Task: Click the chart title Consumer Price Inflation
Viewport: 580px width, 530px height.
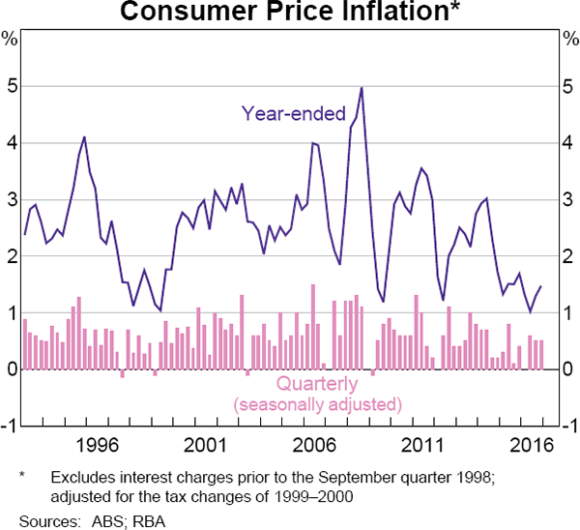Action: pyautogui.click(x=290, y=13)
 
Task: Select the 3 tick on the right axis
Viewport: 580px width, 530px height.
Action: pyautogui.click(x=568, y=200)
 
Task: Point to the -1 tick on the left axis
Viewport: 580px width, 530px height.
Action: pyautogui.click(x=9, y=427)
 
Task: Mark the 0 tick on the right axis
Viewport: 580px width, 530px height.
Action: pyautogui.click(x=568, y=369)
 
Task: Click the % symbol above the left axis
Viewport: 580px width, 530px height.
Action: pyautogui.click(x=10, y=40)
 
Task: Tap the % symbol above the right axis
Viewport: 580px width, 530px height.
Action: pyautogui.click(x=568, y=40)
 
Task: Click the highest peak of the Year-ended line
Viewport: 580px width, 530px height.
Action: pyautogui.click(x=362, y=88)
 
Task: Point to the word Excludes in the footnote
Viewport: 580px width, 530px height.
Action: pyautogui.click(x=82, y=478)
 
